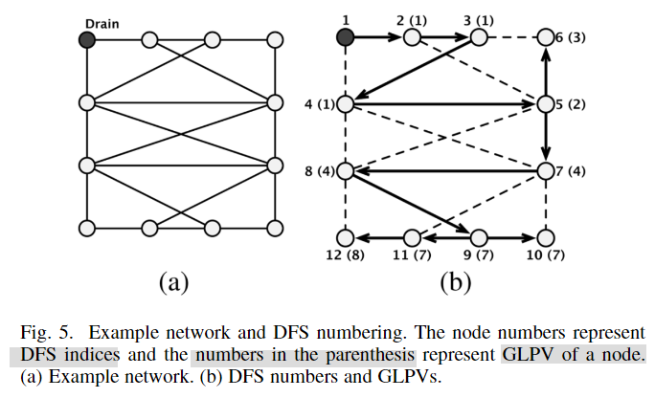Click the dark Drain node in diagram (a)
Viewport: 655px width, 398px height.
point(87,39)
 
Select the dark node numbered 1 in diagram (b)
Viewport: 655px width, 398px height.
point(346,37)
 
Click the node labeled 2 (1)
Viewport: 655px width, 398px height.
point(412,37)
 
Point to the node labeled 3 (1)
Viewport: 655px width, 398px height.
point(479,37)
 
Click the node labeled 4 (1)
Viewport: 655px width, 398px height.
point(346,104)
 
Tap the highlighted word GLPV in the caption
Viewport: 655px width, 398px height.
point(529,356)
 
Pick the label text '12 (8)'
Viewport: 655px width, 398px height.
point(346,256)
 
